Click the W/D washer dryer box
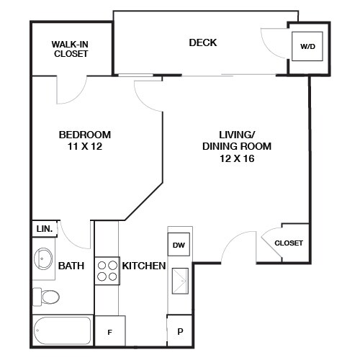tap(307, 47)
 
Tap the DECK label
tap(202, 42)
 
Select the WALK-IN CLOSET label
tap(70, 49)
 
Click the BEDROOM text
tap(84, 135)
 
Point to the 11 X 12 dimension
tap(84, 147)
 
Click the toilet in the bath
tap(47, 296)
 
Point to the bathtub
tap(63, 330)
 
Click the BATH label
tap(71, 266)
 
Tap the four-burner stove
tap(107, 271)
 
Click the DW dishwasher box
tap(179, 245)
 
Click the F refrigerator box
tap(110, 332)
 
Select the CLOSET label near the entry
tap(288, 243)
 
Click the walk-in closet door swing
tap(72, 88)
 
